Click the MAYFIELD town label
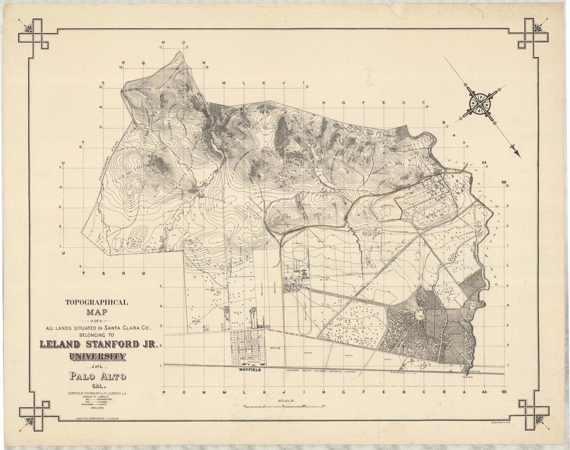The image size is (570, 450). click(249, 369)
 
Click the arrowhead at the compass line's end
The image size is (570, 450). click(518, 154)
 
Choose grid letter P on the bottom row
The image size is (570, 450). click(163, 393)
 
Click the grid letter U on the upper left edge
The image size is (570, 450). click(63, 163)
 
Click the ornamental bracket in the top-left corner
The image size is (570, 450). click(33, 34)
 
